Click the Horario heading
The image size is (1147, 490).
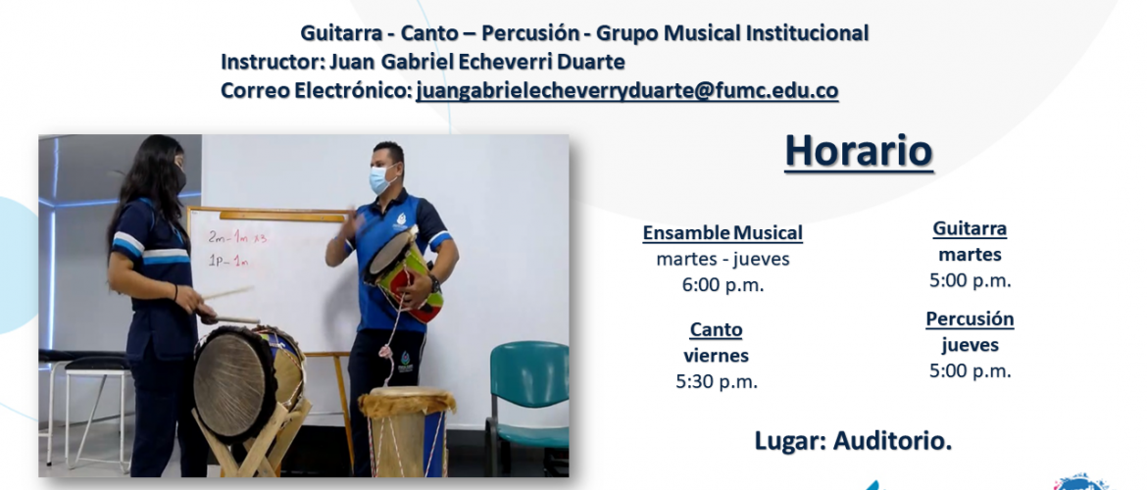[x=859, y=151]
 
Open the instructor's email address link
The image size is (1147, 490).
[x=626, y=91]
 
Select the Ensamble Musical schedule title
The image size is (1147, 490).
[x=723, y=233]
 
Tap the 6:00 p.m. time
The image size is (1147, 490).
[x=723, y=285]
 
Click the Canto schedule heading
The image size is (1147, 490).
[x=717, y=330]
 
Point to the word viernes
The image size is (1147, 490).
[x=717, y=356]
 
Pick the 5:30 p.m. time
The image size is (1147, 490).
[x=717, y=382]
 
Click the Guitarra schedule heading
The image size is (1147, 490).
[x=970, y=229]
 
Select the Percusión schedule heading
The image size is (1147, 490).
[x=970, y=319]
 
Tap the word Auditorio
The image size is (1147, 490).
[x=892, y=441]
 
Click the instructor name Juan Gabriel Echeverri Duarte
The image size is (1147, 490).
[x=477, y=62]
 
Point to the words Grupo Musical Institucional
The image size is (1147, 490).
[x=732, y=33]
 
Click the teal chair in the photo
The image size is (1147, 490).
[x=526, y=399]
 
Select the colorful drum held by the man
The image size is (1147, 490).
[x=404, y=274]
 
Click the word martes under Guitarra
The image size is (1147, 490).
[x=970, y=255]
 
